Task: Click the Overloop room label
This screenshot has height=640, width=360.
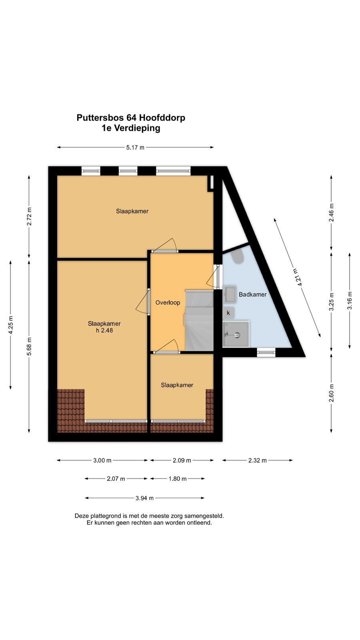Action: (x=168, y=302)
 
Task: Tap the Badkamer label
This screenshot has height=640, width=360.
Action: (x=252, y=294)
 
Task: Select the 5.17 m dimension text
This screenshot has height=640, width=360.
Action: (x=136, y=148)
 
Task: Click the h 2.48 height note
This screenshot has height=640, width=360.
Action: (x=104, y=330)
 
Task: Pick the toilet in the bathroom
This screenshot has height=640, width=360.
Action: (x=238, y=256)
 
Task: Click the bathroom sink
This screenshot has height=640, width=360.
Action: (x=230, y=294)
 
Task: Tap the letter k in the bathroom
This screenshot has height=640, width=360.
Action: (x=228, y=313)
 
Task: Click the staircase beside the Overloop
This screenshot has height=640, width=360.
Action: (x=200, y=320)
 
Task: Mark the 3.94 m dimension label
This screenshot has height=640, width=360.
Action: (x=144, y=498)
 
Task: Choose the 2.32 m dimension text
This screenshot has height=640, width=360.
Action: (x=258, y=460)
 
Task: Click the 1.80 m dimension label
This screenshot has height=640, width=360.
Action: (x=178, y=478)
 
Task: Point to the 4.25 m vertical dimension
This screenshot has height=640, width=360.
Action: (x=10, y=325)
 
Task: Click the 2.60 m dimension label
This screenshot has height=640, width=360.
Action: (x=331, y=393)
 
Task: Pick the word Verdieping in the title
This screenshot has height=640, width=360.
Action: (x=137, y=128)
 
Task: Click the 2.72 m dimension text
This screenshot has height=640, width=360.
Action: (x=29, y=216)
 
